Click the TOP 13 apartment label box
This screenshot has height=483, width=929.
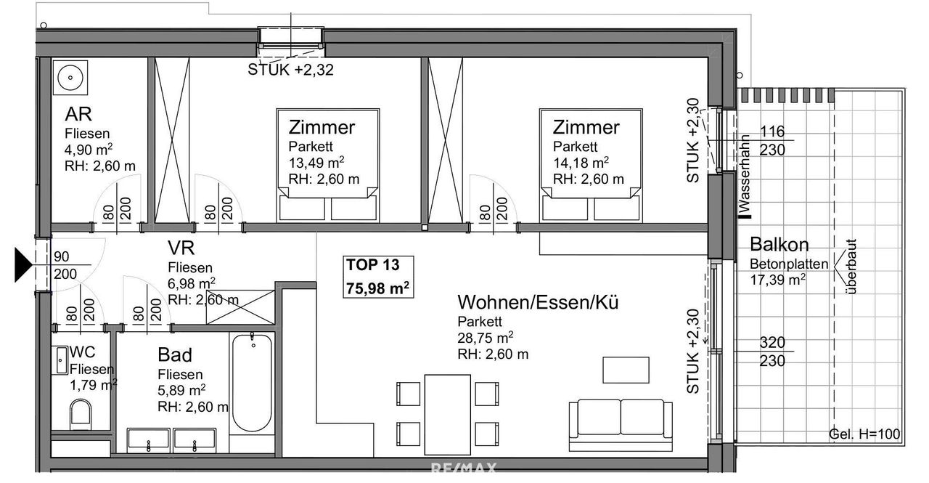(378, 277)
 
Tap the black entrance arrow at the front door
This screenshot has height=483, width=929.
(23, 264)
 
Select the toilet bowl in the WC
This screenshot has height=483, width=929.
(81, 414)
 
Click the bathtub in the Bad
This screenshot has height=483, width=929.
(252, 383)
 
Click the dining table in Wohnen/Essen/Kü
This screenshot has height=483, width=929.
(448, 415)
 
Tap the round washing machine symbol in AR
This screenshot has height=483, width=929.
(70, 78)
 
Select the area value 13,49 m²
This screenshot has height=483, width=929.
(316, 162)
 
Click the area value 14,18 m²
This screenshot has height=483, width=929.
(581, 162)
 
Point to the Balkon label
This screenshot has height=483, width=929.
(779, 244)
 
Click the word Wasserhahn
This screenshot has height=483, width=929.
(745, 174)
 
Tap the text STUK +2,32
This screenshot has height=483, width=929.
(291, 70)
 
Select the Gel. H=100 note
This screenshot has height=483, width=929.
(864, 434)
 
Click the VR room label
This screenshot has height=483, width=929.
(181, 248)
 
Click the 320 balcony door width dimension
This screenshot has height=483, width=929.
(772, 342)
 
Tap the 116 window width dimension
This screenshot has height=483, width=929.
(772, 131)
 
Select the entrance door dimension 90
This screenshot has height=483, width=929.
(62, 256)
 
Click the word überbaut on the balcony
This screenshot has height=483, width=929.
(850, 267)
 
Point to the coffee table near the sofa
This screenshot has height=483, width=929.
(626, 370)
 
